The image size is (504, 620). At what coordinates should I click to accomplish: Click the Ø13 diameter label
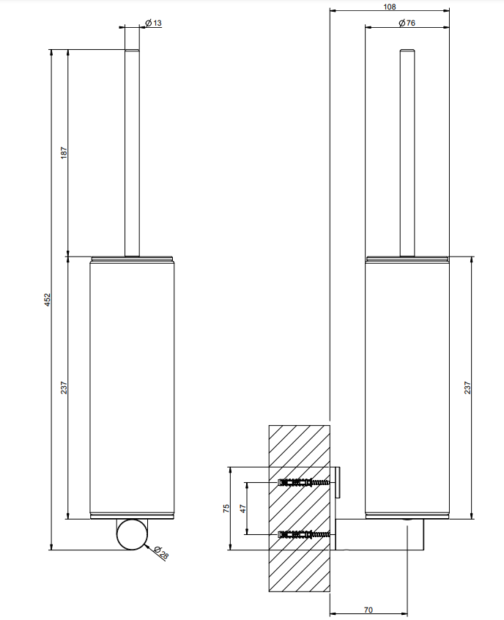pyautogui.click(x=154, y=23)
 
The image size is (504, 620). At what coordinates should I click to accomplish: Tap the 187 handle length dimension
pyautogui.click(x=64, y=154)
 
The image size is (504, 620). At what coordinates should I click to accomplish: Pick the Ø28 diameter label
pyautogui.click(x=163, y=554)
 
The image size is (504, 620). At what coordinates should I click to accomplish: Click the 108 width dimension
pyautogui.click(x=389, y=7)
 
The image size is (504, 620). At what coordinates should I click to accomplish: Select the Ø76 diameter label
pyautogui.click(x=407, y=23)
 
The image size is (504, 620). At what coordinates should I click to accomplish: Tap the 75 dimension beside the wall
pyautogui.click(x=227, y=508)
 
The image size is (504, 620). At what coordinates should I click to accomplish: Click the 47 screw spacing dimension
pyautogui.click(x=244, y=508)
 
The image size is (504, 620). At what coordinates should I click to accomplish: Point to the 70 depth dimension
pyautogui.click(x=368, y=610)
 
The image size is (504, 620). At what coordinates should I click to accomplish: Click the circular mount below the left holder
pyautogui.click(x=133, y=534)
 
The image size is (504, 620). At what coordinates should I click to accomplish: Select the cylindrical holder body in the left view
pyautogui.click(x=132, y=388)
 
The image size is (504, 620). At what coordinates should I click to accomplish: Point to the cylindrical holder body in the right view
pyautogui.click(x=407, y=388)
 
